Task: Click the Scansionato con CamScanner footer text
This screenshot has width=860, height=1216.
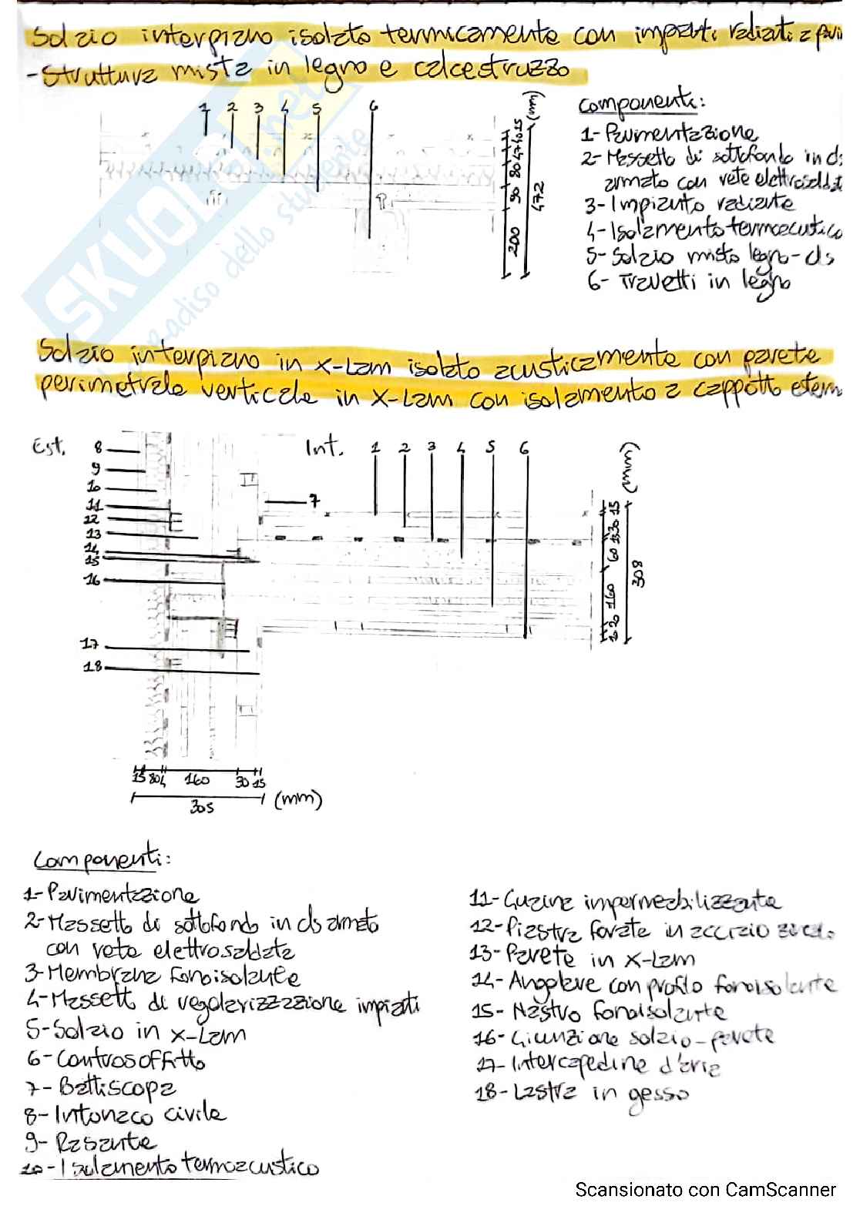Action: (705, 1189)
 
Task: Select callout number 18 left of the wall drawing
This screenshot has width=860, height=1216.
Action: (92, 667)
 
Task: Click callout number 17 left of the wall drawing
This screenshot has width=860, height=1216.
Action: (90, 644)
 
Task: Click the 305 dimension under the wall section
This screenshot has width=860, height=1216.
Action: (201, 807)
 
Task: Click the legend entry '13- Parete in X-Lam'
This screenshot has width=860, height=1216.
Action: (583, 957)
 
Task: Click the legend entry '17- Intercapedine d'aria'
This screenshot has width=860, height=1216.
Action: (598, 1065)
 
